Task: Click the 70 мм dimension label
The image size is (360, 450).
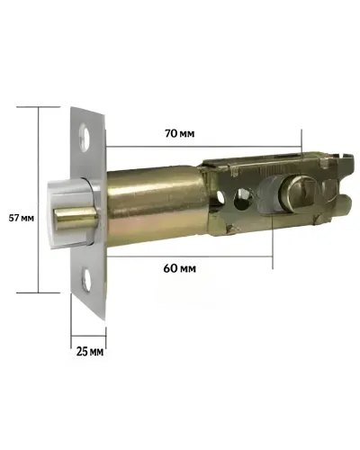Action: (x=179, y=133)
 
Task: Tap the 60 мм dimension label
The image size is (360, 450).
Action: (x=180, y=268)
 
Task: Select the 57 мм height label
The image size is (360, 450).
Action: (x=21, y=218)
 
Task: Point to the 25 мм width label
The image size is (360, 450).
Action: (x=90, y=351)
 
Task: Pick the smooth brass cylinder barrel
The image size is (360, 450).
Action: (x=156, y=208)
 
